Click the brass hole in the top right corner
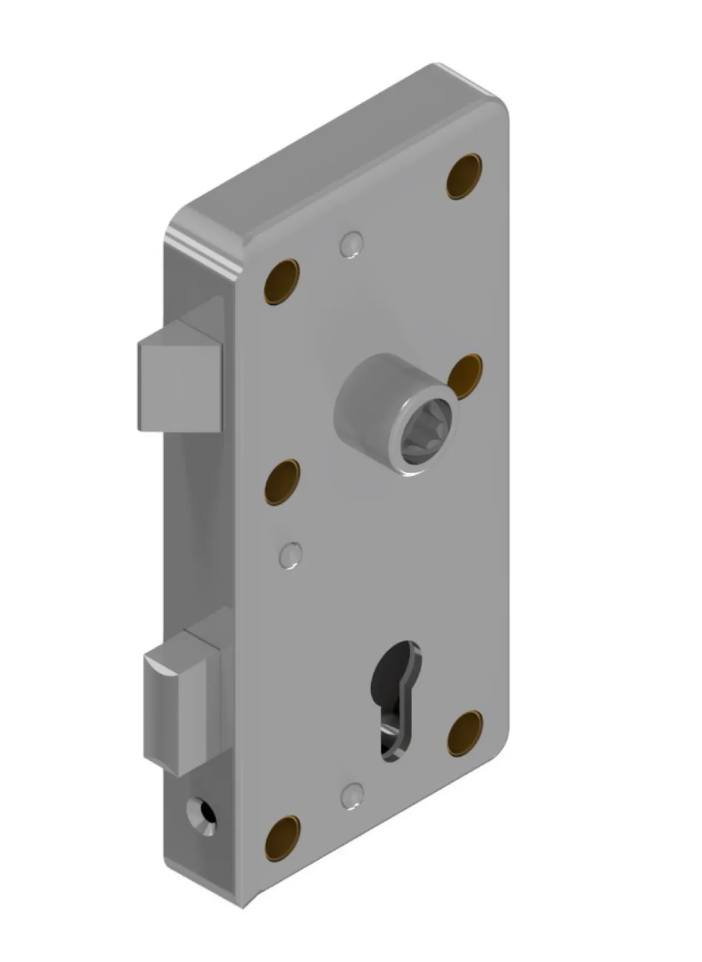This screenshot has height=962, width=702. [464, 176]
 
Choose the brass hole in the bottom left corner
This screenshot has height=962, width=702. [283, 837]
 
